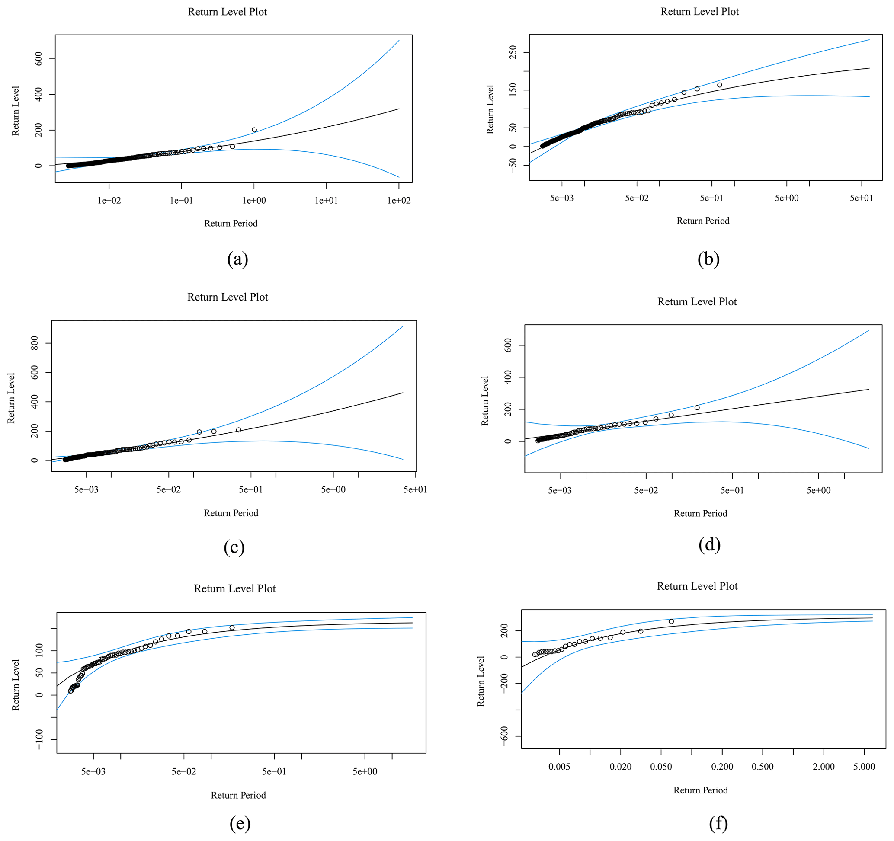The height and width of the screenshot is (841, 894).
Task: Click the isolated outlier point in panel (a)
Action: click(x=254, y=130)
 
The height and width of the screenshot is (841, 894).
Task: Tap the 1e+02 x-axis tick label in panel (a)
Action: click(x=399, y=201)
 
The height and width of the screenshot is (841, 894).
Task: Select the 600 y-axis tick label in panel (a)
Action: click(x=38, y=59)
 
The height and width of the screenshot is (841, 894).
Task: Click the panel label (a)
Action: click(x=237, y=259)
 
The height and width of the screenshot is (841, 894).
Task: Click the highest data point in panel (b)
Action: click(x=720, y=85)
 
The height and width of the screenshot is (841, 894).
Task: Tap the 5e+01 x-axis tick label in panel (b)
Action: click(x=861, y=198)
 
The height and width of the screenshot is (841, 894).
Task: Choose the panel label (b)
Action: click(x=709, y=259)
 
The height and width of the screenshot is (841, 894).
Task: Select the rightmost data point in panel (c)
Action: click(x=239, y=430)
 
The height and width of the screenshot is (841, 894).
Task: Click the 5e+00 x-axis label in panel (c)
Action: click(x=333, y=489)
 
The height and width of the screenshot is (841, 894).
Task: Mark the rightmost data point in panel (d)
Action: click(x=697, y=408)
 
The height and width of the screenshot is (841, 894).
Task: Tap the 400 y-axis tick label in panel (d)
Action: click(x=508, y=377)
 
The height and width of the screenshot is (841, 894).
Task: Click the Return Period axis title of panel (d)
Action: click(x=700, y=513)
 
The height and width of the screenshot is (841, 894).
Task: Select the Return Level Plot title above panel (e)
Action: click(x=235, y=589)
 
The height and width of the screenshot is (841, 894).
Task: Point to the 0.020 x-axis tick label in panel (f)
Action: click(x=621, y=767)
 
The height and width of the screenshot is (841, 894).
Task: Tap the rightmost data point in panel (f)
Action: click(x=671, y=621)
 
